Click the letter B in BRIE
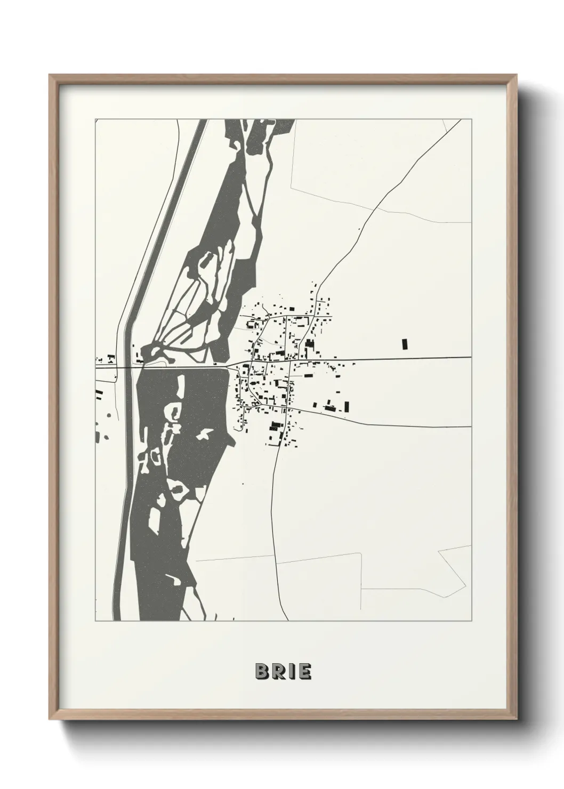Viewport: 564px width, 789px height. click(x=262, y=672)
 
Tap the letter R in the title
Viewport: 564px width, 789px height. click(x=278, y=672)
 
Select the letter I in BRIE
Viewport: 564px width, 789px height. click(x=291, y=672)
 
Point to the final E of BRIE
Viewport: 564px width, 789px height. click(x=304, y=672)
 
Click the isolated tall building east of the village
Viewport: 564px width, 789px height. click(x=404, y=344)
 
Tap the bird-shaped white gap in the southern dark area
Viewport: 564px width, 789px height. click(x=203, y=436)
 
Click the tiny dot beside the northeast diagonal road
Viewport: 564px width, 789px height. click(x=359, y=230)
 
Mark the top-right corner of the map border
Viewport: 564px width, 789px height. click(x=471, y=119)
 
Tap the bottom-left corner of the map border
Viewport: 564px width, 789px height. click(x=94, y=621)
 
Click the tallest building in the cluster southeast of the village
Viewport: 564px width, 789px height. click(x=347, y=407)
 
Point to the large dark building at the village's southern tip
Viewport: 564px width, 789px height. click(x=275, y=425)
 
